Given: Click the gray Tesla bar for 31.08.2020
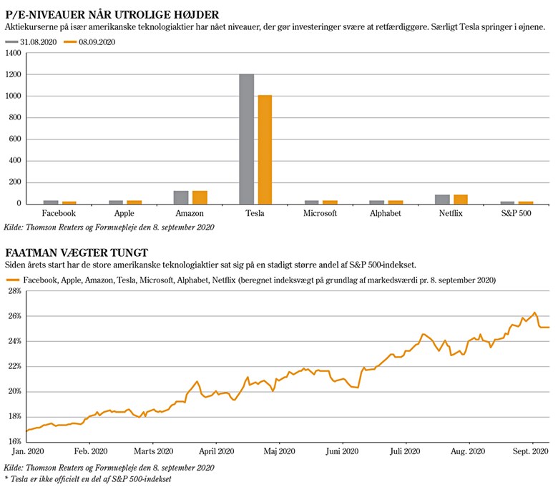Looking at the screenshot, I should click(x=246, y=139).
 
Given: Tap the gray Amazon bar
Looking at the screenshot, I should click(x=180, y=197).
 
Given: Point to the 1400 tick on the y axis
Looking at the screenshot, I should click(x=13, y=53).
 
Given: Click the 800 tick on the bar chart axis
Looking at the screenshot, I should click(x=15, y=117).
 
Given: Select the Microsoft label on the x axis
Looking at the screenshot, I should click(x=320, y=213).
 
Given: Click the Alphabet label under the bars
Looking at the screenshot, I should click(x=386, y=213).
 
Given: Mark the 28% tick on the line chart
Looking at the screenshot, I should click(x=14, y=292).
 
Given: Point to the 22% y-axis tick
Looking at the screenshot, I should click(x=14, y=366).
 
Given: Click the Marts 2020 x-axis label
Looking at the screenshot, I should click(x=154, y=451).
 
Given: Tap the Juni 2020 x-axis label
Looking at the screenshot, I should click(x=342, y=451).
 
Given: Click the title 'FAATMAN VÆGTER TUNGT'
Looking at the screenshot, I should click(x=77, y=252).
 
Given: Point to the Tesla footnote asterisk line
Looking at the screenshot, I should click(x=87, y=479).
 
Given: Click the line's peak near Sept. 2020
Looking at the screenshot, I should click(x=534, y=313).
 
